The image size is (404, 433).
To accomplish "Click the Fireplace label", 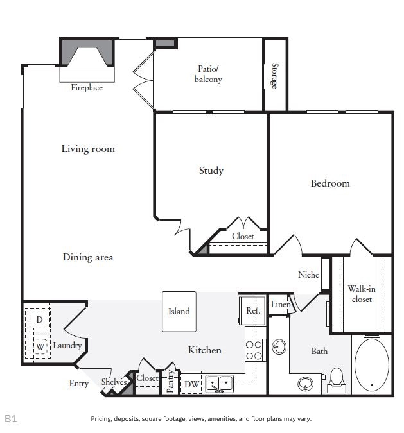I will click(87, 88).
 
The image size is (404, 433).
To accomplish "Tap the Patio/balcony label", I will click(208, 74).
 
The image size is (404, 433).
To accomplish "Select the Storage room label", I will click(274, 75).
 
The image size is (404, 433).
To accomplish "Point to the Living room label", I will click(88, 149).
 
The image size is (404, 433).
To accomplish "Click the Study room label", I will click(211, 171).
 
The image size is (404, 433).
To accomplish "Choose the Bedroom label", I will click(330, 183).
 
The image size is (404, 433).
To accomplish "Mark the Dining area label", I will click(88, 257).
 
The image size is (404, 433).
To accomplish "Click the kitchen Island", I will click(179, 312).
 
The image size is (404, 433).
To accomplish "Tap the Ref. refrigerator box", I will click(252, 311).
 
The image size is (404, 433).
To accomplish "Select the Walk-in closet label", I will click(362, 294).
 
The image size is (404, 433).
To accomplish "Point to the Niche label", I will click(308, 275).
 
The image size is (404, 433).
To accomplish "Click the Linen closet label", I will click(280, 305).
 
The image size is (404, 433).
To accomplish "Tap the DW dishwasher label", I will click(191, 384).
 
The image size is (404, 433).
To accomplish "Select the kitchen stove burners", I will click(255, 350).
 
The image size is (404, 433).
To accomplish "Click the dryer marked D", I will click(39, 319).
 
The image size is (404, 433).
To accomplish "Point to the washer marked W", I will click(40, 347).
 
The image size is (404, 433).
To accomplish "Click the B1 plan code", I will click(11, 418).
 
